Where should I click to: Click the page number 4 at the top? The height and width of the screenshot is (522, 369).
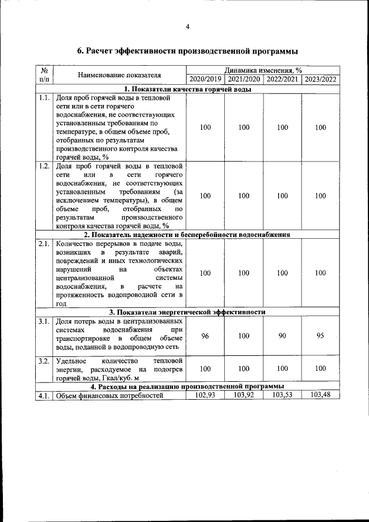187,26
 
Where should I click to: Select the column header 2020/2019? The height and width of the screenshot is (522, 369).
205,80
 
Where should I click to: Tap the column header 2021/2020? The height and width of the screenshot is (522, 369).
244,80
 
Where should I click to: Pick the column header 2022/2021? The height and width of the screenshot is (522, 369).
283,80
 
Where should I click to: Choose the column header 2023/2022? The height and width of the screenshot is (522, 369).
321,80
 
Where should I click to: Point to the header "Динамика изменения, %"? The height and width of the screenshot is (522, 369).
263,70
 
